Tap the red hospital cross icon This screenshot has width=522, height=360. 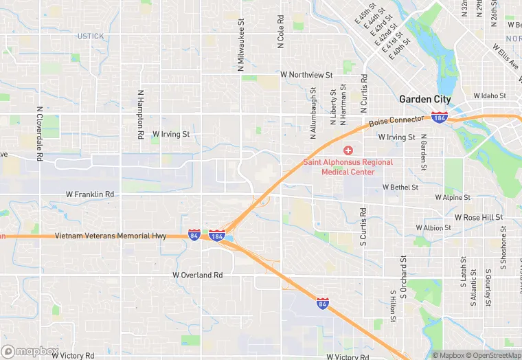point(348,150)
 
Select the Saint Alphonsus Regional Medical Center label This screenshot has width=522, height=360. point(349,167)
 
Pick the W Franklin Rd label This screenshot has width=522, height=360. point(89,194)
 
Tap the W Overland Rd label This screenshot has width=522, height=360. point(198,275)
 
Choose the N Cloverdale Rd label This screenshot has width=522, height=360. point(40,134)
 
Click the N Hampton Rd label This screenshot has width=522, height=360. point(140,115)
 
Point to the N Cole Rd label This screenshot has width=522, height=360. point(281,32)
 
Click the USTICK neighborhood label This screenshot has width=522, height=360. point(91,36)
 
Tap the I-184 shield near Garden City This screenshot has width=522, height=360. point(440,117)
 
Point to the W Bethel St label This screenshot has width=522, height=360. point(390,187)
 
